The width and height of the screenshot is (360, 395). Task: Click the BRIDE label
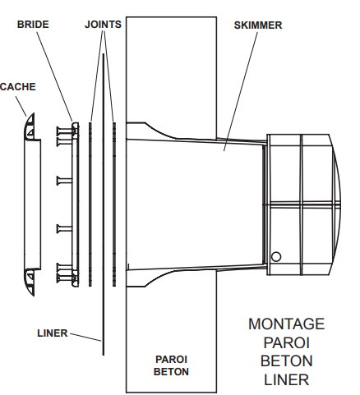[x=33, y=25]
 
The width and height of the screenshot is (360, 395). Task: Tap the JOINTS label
[x=103, y=25]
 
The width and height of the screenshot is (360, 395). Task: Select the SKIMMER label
[x=258, y=25]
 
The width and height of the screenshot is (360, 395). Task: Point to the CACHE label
[x=18, y=87]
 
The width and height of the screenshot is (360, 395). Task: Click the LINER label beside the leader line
[x=53, y=333]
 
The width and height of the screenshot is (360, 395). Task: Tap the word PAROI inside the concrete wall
[x=171, y=360]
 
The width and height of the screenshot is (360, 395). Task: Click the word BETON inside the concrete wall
[x=171, y=372]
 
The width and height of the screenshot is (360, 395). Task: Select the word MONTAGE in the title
[x=287, y=324]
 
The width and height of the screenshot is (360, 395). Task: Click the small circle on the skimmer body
[x=276, y=257]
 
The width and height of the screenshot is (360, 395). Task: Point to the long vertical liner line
[x=104, y=204]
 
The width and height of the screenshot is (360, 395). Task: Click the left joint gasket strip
[x=90, y=204]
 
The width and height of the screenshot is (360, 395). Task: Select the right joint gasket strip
[x=114, y=204]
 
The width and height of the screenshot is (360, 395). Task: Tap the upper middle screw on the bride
[x=65, y=181]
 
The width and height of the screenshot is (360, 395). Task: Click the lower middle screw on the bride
[x=65, y=229]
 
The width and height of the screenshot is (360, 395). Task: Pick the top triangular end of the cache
[x=30, y=126]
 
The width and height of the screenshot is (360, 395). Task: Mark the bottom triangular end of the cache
[x=30, y=282]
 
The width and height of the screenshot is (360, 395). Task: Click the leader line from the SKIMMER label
[x=241, y=91]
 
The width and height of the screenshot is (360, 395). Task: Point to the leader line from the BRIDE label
[x=55, y=76]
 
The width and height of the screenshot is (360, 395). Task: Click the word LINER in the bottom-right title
[x=287, y=379]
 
